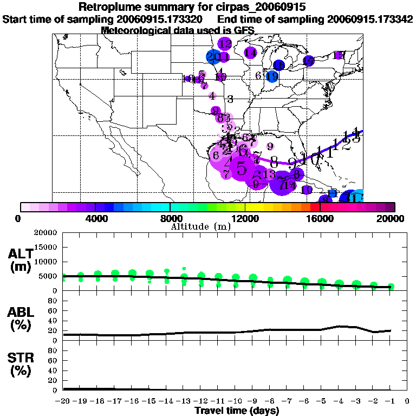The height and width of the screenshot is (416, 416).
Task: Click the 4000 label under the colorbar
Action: (94, 218)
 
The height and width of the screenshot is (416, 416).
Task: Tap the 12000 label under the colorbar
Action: (244, 218)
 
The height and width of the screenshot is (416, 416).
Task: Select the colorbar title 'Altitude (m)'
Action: (201, 226)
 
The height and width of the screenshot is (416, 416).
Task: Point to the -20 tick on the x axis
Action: (63, 401)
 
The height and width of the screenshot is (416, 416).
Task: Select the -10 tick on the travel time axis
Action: (236, 401)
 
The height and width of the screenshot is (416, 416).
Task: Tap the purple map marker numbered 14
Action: (250, 53)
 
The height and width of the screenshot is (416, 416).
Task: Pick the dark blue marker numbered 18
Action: (279, 65)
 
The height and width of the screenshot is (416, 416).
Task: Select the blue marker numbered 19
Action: (272, 76)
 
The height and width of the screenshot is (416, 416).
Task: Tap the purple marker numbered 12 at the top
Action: (225, 44)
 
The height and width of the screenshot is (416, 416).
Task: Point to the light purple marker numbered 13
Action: (269, 174)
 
